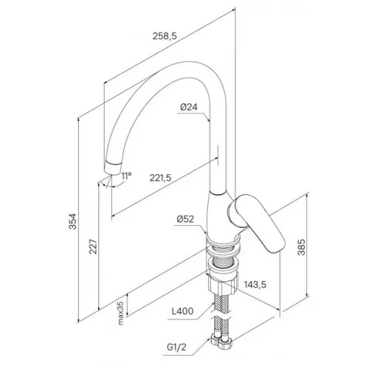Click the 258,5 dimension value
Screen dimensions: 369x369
(165, 36)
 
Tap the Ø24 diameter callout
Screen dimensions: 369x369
(189, 107)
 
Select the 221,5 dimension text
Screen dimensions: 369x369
(160, 178)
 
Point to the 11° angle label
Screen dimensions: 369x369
(126, 176)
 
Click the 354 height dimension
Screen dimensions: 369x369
(73, 221)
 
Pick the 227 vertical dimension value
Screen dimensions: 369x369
(93, 246)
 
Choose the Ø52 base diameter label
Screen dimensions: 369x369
(185, 219)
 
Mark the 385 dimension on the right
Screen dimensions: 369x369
(302, 247)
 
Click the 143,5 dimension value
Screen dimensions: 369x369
(255, 285)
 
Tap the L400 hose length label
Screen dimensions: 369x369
(182, 311)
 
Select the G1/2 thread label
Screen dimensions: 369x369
(176, 348)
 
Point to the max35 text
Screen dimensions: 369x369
(120, 313)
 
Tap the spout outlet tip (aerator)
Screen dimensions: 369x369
(112, 168)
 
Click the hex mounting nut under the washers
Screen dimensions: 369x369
(223, 283)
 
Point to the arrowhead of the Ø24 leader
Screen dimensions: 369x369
(209, 120)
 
